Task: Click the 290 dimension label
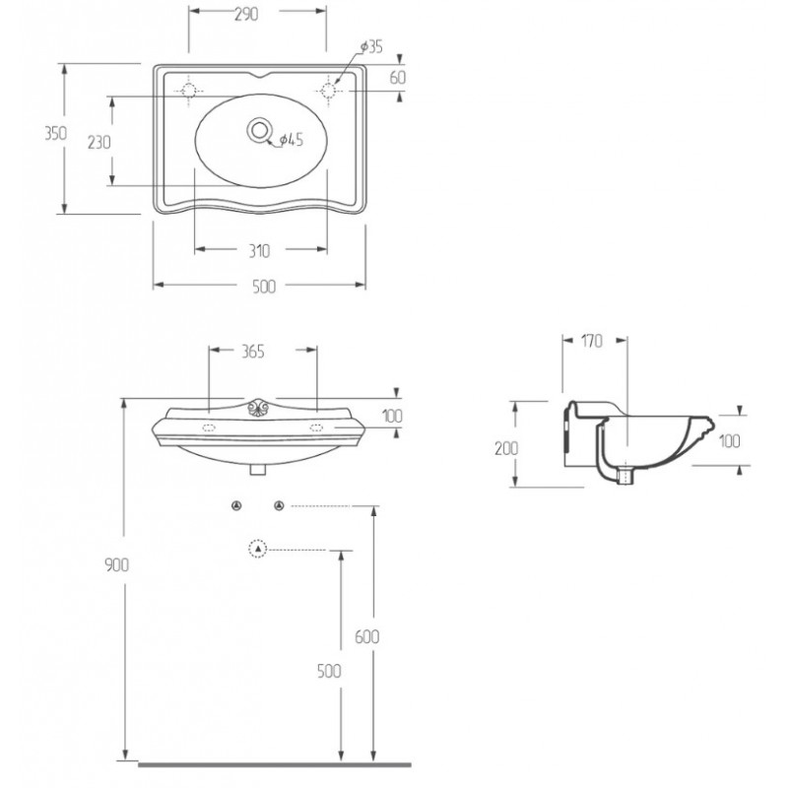246,14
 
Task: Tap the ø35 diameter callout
372,46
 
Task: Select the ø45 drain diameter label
292,139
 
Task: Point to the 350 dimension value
55,134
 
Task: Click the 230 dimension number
99,142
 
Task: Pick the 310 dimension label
259,251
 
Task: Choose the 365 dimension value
253,352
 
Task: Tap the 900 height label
116,564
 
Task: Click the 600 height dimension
366,636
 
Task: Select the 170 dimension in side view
592,341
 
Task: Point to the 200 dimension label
506,448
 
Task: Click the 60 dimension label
398,78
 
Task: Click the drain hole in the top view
259,131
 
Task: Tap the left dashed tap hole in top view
189,91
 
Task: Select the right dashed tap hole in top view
328,91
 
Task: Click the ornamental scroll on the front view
259,407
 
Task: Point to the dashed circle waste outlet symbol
258,549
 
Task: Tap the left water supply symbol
236,505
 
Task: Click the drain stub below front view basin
258,470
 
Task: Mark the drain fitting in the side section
625,475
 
